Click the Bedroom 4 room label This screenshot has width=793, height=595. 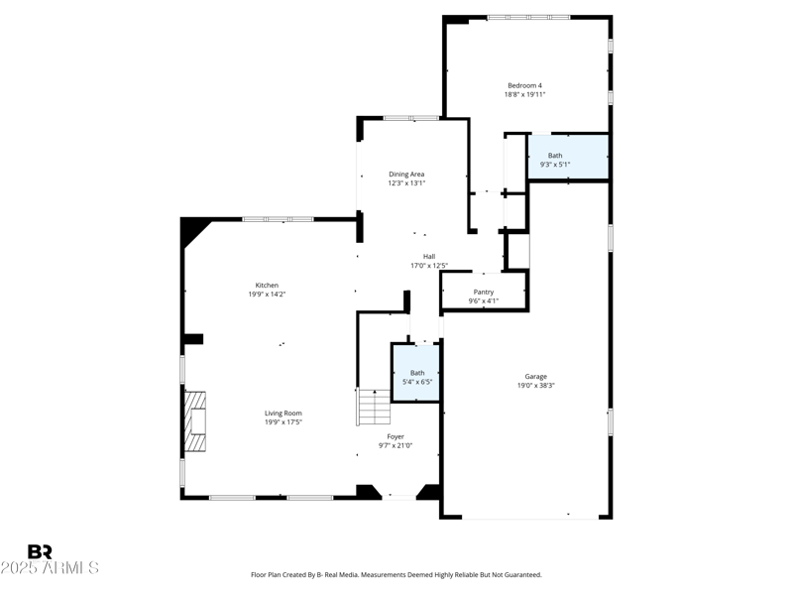pos(524,85)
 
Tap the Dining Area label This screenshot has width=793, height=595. pos(406,175)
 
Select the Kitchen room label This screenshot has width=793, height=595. pos(267,286)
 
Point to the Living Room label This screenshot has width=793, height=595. pos(283,414)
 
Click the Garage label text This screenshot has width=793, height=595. pos(535,377)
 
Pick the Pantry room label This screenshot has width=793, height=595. pos(483,292)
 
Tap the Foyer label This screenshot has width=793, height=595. pos(395,436)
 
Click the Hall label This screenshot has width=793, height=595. pos(429,257)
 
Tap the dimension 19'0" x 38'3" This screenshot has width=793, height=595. pos(535,386)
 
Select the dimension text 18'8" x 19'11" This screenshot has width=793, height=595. pos(524,94)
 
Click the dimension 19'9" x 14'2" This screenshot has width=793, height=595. pos(267,295)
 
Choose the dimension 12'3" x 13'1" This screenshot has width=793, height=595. pos(406,183)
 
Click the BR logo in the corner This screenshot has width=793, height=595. pos(40,551)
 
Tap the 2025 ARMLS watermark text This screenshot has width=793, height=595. pos(50,568)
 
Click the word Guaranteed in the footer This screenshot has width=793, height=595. pos(521,574)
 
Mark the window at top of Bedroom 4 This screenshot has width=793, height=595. pos(527,17)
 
